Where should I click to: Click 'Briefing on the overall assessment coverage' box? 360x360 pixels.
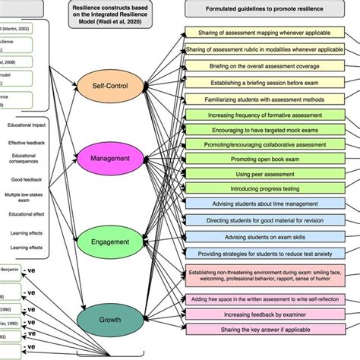[261, 65]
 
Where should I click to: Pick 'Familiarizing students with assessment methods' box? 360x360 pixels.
[261, 99]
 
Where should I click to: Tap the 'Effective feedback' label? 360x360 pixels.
[27, 143]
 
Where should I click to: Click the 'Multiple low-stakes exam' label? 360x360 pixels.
[27, 199]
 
